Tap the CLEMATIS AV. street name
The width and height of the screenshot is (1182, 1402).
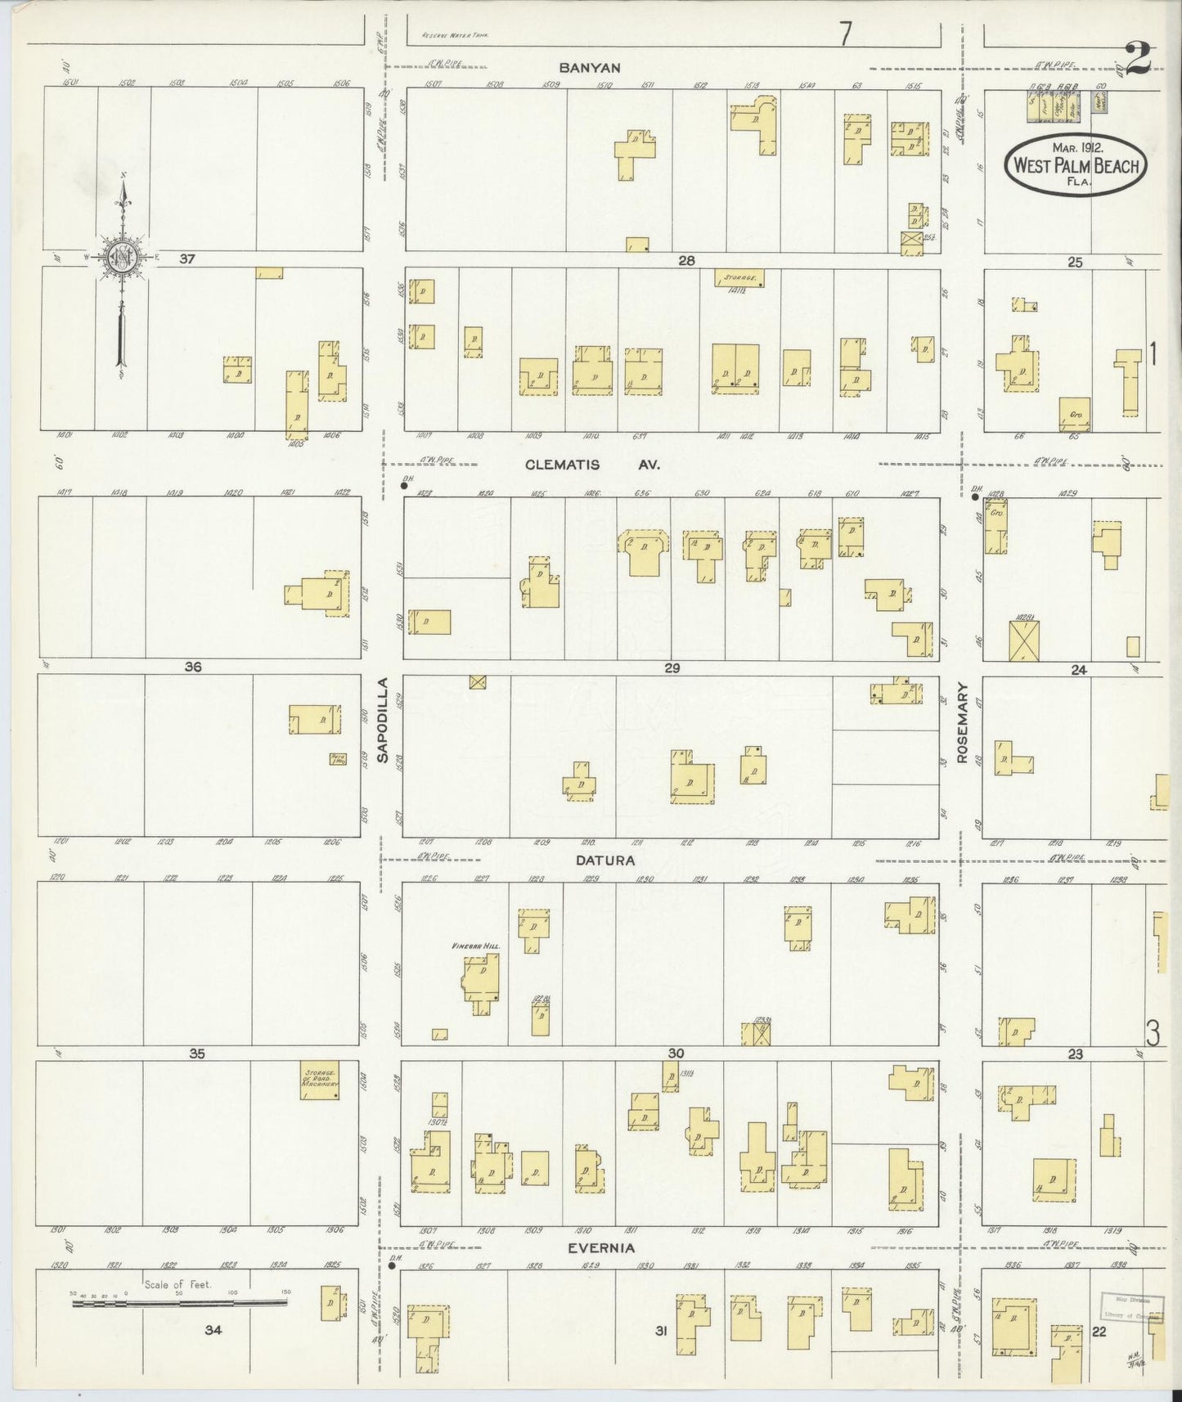coord(591,465)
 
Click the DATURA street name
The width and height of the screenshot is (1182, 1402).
coord(604,860)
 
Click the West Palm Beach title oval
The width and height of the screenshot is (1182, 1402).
coord(1076,164)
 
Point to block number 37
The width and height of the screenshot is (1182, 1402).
coord(188,259)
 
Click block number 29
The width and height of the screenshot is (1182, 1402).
coord(672,668)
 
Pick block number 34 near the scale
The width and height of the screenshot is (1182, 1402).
coord(213,1330)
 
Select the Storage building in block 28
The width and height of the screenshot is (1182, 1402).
coord(739,278)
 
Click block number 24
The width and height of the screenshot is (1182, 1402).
coord(1078,670)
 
